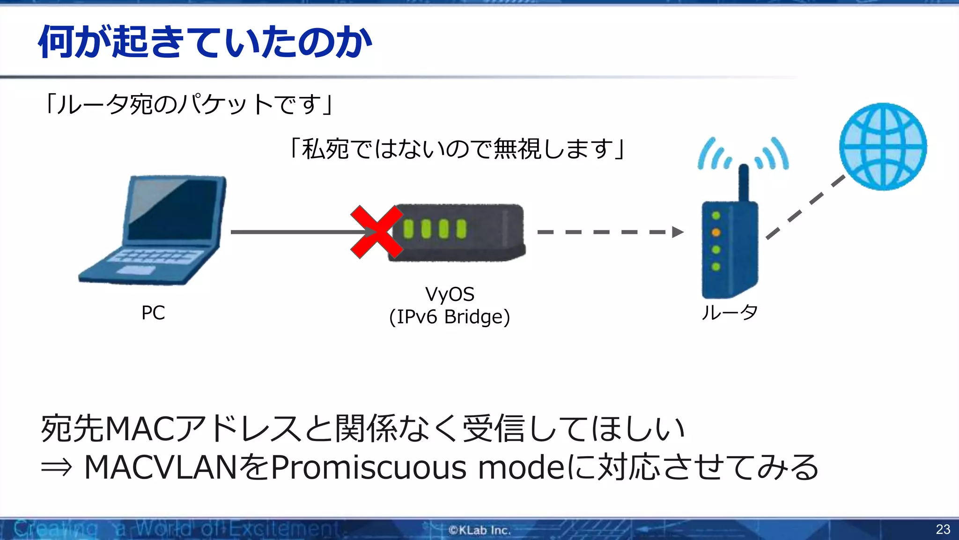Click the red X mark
click(376, 232)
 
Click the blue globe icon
click(883, 146)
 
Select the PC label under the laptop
click(153, 313)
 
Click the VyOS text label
click(450, 294)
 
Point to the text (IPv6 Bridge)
click(450, 317)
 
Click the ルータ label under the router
click(729, 312)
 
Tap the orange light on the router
click(716, 232)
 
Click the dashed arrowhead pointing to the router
click(677, 232)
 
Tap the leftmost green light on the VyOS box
click(408, 229)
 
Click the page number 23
click(943, 529)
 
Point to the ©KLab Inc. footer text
click(479, 530)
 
